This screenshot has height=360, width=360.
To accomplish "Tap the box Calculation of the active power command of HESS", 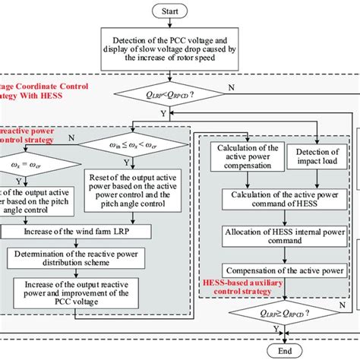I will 278,200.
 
